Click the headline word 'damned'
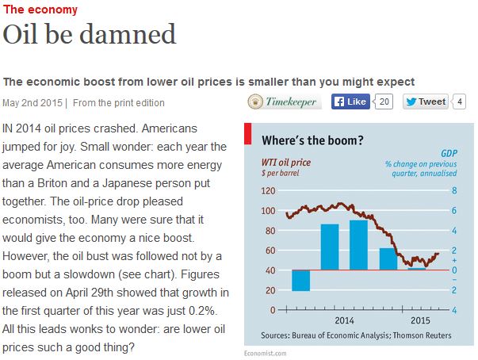130,36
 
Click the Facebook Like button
350,101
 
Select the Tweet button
426,101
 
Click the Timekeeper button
284,101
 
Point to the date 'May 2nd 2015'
33,102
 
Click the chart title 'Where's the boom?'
312,141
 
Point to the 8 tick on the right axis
454,191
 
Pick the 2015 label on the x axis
421,320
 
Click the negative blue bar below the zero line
300,281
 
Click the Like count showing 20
384,101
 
